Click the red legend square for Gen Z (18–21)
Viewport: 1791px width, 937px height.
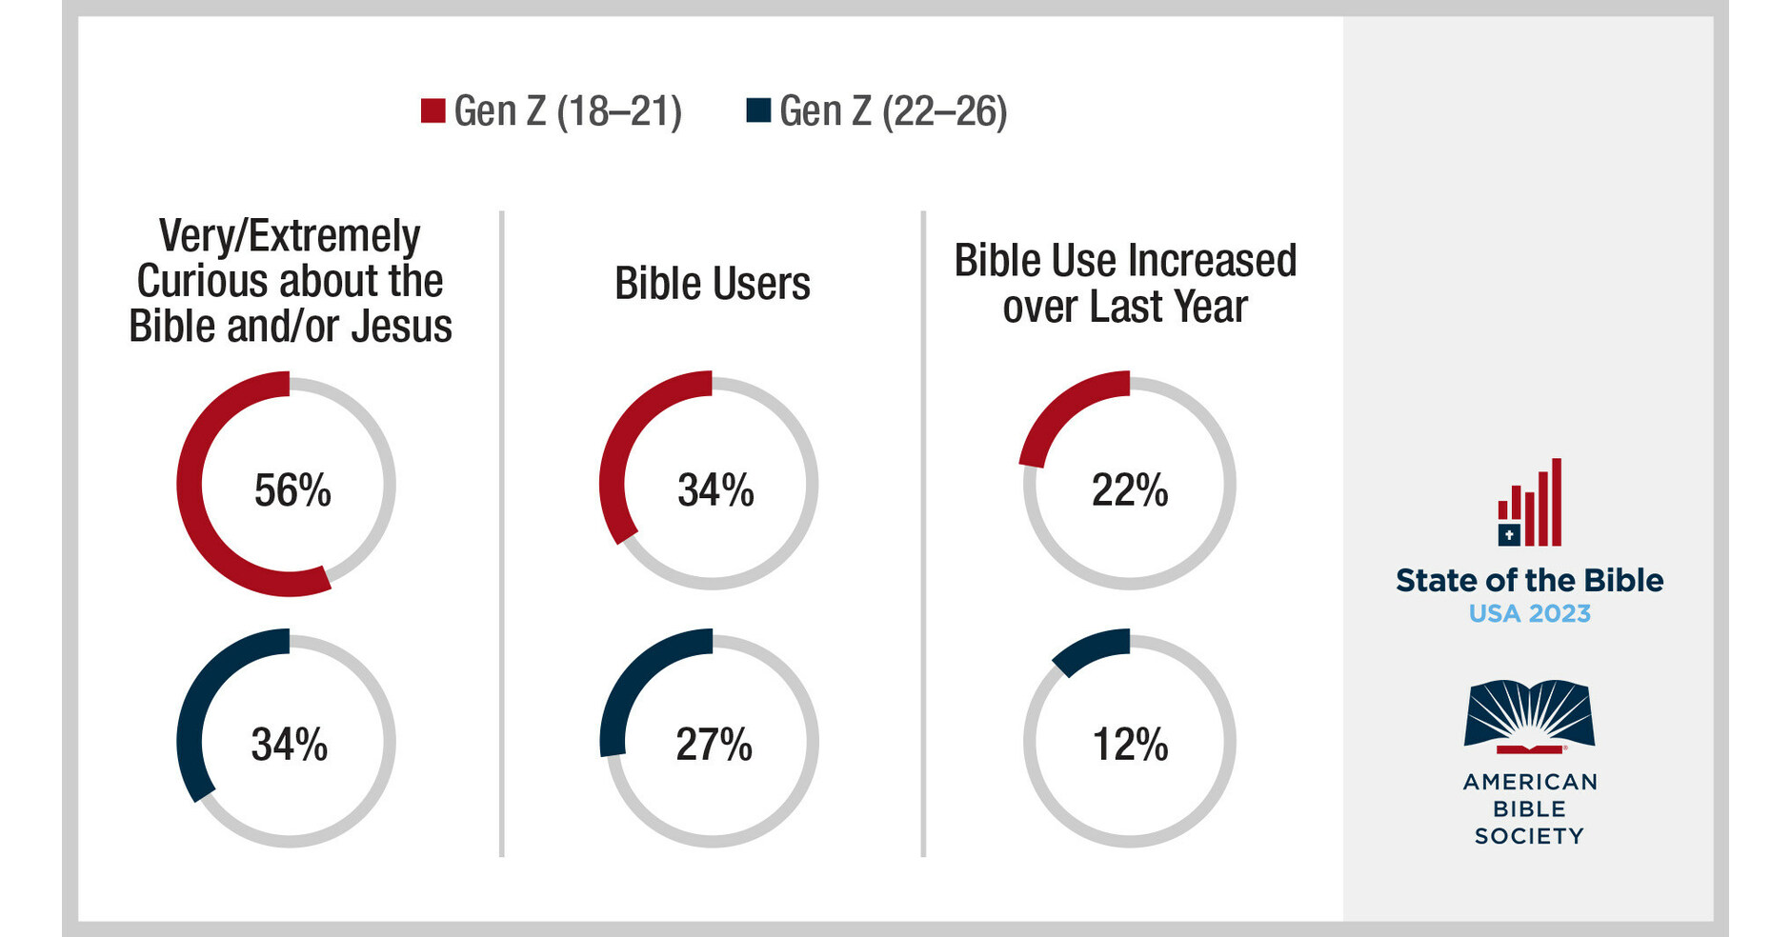tap(433, 110)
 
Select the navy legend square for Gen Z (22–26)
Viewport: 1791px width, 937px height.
tap(758, 110)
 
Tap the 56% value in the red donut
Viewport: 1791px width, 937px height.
tap(292, 490)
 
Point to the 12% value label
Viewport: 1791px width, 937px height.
tap(1130, 745)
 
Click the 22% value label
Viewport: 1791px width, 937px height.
tap(1130, 490)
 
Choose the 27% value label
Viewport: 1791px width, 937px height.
tap(714, 745)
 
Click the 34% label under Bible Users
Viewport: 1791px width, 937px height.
tap(715, 490)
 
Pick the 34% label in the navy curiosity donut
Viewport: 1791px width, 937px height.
tap(289, 745)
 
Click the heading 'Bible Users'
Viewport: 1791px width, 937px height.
tap(712, 284)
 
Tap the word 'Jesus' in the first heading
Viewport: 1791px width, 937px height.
tap(401, 327)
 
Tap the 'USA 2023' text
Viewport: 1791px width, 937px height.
tap(1529, 614)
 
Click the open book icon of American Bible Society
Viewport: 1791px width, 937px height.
tap(1529, 714)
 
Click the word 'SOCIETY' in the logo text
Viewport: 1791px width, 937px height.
tap(1529, 836)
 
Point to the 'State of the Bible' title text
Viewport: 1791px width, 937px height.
tap(1529, 581)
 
